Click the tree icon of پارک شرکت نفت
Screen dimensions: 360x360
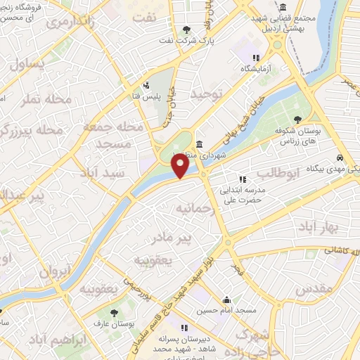186,30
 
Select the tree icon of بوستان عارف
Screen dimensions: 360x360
113,311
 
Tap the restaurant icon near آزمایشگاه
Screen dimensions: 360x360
256,58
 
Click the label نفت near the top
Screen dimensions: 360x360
145,19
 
